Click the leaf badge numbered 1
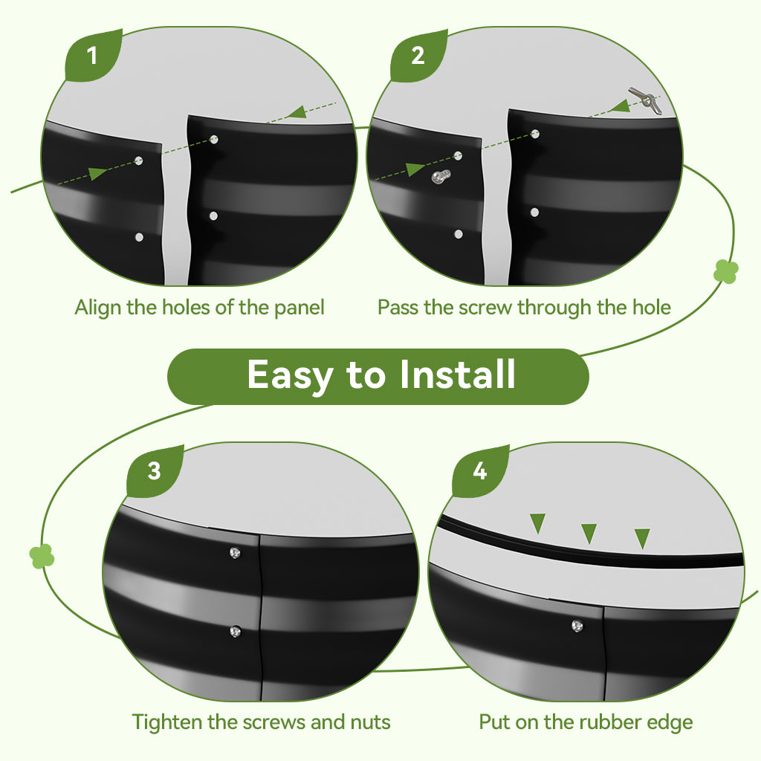pos(93,56)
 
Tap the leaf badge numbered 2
pos(418,56)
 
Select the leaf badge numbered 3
pos(155,471)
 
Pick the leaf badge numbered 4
pos(480,471)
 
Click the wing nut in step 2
pos(646,100)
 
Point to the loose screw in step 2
pos(441,177)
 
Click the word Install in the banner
pos(457,375)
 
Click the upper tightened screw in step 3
pos(235,552)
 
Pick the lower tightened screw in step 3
pos(235,632)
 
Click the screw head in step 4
pos(577,626)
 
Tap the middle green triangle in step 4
pos(589,533)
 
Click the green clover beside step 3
pos(42,556)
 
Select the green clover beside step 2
pos(726,271)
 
